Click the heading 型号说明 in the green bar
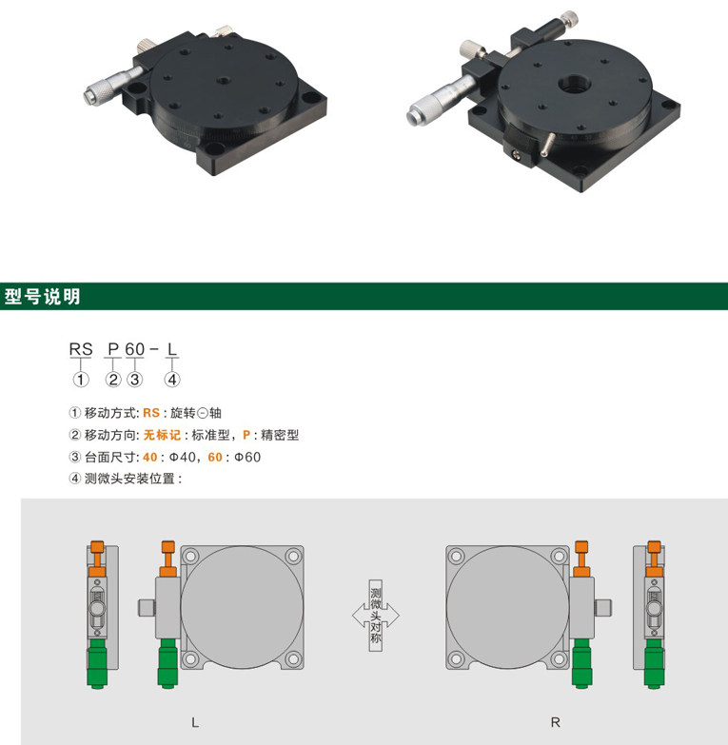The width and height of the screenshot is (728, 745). click(x=42, y=297)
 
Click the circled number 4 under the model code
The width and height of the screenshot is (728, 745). click(x=172, y=380)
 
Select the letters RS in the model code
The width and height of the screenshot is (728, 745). click(x=81, y=349)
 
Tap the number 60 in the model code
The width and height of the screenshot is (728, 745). click(x=135, y=349)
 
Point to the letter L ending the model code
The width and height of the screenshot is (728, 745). click(x=172, y=349)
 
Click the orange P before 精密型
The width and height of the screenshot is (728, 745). click(x=246, y=435)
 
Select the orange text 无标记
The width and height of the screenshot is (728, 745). click(x=162, y=435)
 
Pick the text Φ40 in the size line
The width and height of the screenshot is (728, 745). click(x=182, y=457)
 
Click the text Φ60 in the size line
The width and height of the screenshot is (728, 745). click(x=247, y=457)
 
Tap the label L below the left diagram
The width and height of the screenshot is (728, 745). click(x=195, y=723)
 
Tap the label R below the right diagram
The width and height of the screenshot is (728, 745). click(x=555, y=723)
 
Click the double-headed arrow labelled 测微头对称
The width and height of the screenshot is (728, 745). click(x=375, y=616)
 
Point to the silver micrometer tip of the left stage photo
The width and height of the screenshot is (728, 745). click(x=89, y=96)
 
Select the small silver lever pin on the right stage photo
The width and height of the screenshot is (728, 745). click(x=547, y=145)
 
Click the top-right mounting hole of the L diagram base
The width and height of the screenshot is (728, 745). click(x=293, y=556)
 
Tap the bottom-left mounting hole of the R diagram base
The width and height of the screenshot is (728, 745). click(x=456, y=659)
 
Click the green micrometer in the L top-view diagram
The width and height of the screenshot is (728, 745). click(x=167, y=663)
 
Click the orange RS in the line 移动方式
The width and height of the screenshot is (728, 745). click(x=151, y=413)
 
